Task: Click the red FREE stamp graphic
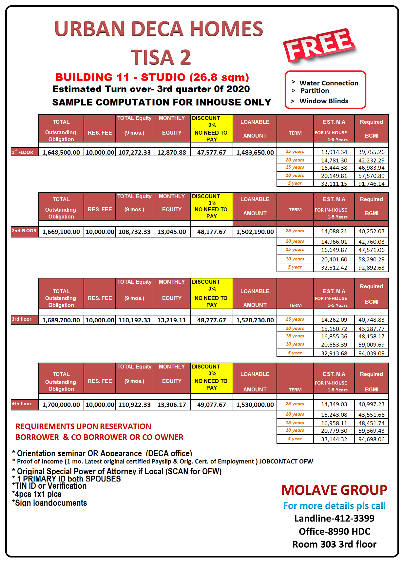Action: point(319,46)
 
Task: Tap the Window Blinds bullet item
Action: point(323,101)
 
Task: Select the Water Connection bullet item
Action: point(328,83)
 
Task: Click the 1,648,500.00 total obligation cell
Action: point(61,152)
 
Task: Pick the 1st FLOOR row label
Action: point(23,152)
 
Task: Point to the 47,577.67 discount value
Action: point(211,152)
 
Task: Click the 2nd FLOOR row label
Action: point(24,231)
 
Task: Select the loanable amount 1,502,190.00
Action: point(255,232)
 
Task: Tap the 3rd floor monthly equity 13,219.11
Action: point(172,320)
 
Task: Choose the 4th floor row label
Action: point(22,404)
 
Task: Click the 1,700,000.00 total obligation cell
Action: point(61,405)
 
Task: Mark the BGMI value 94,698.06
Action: point(371,439)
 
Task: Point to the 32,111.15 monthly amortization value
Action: point(334,184)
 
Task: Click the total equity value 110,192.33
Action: point(134,320)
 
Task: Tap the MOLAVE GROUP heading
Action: point(334,490)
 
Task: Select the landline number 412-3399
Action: point(334,518)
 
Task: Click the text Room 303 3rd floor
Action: point(334,544)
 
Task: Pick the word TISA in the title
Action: point(152,57)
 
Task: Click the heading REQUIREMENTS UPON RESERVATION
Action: point(83,426)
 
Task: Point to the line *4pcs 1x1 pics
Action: point(37,494)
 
